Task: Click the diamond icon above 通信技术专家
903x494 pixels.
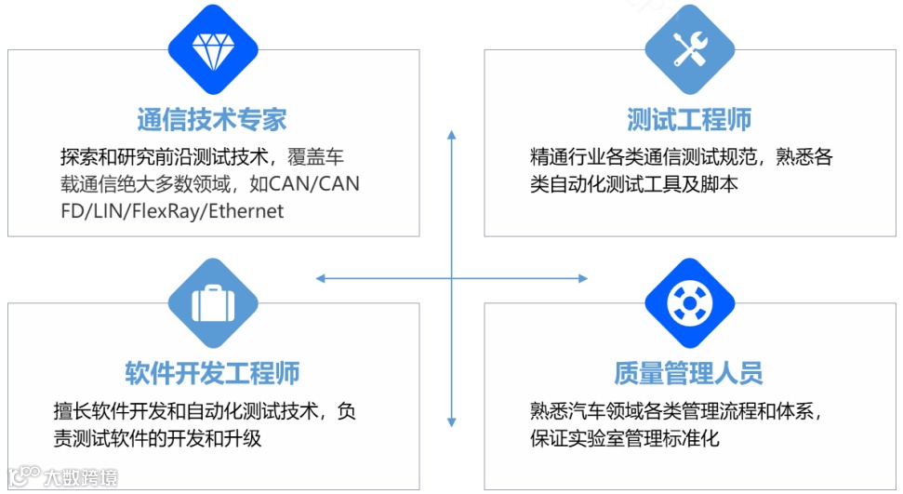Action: (x=211, y=49)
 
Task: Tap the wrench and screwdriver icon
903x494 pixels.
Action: (x=689, y=49)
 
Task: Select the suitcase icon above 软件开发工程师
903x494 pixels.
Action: (x=212, y=303)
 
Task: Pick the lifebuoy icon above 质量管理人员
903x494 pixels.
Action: (x=689, y=303)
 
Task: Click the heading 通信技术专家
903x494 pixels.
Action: (x=212, y=119)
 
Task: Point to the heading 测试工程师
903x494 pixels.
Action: (x=689, y=119)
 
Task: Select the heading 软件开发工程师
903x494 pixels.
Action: (x=212, y=373)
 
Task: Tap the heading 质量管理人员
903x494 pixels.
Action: (x=689, y=373)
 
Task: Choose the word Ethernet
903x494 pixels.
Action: (x=246, y=210)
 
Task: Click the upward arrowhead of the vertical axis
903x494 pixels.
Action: (x=452, y=136)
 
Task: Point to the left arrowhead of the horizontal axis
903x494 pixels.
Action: (x=321, y=278)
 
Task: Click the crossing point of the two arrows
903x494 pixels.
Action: (x=452, y=278)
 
